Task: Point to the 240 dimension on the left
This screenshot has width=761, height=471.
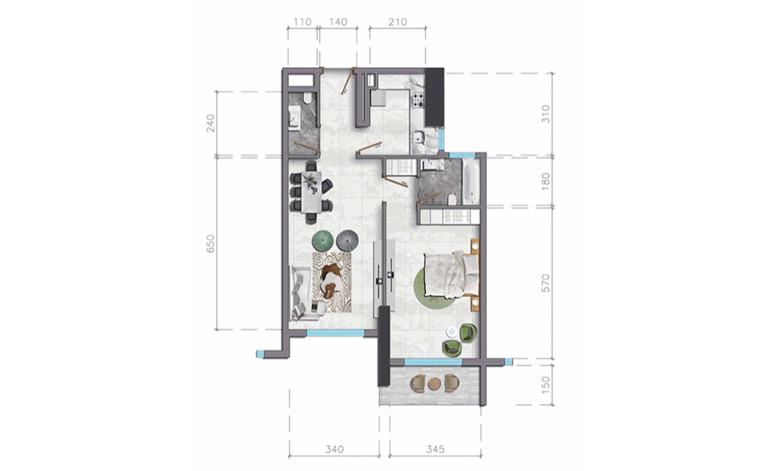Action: click(x=212, y=123)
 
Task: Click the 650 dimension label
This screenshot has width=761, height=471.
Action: click(x=212, y=244)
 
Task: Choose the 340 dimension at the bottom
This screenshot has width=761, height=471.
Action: click(x=334, y=449)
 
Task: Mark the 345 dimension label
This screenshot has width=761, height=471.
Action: click(x=434, y=449)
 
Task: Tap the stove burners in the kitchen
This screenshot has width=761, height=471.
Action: click(x=418, y=99)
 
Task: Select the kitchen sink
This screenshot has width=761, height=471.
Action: click(x=419, y=138)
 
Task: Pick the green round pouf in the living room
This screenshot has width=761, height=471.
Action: click(x=323, y=240)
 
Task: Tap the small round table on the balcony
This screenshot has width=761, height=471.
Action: click(x=434, y=383)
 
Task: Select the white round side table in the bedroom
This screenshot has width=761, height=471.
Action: click(x=451, y=331)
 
